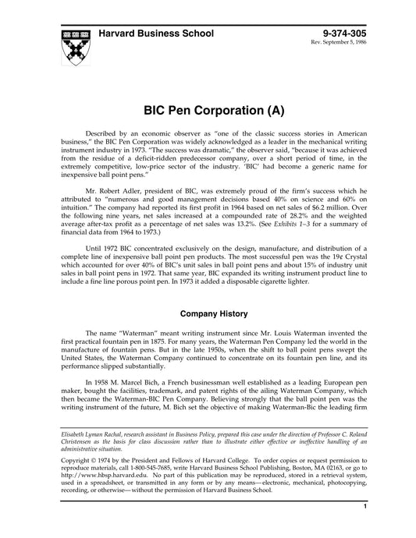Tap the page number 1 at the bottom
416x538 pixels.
coord(364,528)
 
